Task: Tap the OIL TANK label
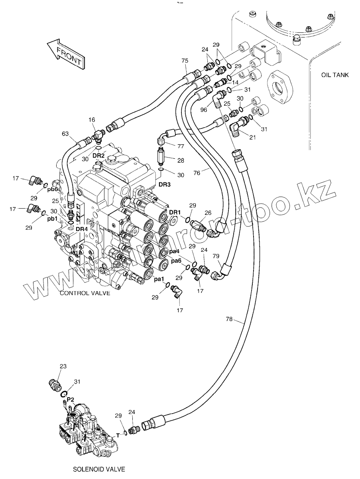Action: point(334,75)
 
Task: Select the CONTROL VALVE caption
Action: point(85,293)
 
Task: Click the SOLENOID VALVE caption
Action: point(99,469)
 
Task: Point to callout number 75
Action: point(185,61)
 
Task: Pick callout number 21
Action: point(252,138)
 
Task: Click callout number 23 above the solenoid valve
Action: point(63,367)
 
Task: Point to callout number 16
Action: point(92,119)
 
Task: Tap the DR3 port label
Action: point(165,185)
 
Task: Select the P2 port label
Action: point(71,399)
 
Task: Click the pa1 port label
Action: point(159,278)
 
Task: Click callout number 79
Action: point(216,256)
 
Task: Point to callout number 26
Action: point(208,213)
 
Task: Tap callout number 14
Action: point(235,82)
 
